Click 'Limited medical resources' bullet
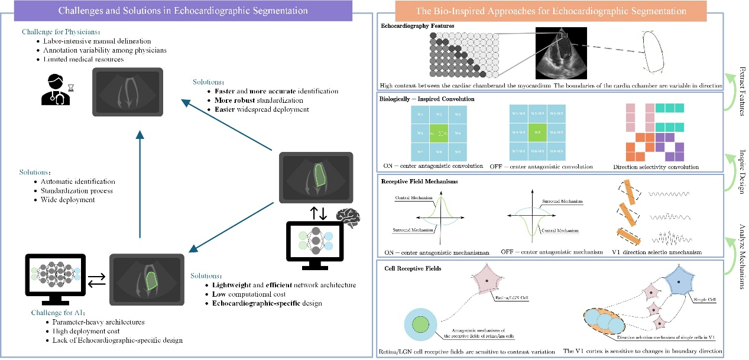click(84, 60)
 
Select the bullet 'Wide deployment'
click(68, 200)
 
